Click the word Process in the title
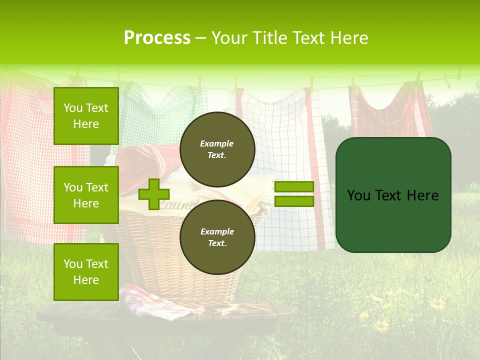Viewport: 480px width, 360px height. [157, 38]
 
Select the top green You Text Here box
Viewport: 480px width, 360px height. [86, 116]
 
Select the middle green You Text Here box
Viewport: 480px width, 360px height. [86, 195]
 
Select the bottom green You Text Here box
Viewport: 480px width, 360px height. [86, 271]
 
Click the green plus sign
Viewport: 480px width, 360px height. [153, 194]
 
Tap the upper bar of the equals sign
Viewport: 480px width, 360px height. [294, 187]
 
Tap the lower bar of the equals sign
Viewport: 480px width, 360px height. [294, 201]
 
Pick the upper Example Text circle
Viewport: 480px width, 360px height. [217, 149]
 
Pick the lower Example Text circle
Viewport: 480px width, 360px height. [217, 237]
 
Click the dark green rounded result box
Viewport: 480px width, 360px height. [393, 195]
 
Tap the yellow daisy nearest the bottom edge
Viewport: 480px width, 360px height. [382, 326]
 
